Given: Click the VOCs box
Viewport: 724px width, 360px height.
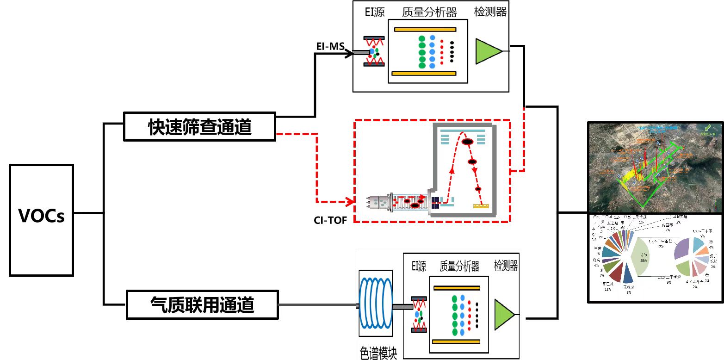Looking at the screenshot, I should click(x=42, y=220).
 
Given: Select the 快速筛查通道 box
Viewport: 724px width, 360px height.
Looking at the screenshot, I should click(x=200, y=126).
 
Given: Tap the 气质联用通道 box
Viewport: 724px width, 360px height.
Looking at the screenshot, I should click(x=202, y=304).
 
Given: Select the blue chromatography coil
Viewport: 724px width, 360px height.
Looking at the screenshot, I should click(x=376, y=304).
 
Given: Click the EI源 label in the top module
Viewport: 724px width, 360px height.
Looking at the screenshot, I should click(x=374, y=12).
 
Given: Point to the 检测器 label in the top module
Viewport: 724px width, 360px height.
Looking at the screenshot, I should click(x=490, y=12).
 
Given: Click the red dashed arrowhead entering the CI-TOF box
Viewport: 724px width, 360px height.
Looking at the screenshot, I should click(x=350, y=202).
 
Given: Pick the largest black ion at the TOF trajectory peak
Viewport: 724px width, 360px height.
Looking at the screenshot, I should click(x=467, y=141).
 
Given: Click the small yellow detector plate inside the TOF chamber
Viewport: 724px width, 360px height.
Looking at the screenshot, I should click(x=482, y=206).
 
